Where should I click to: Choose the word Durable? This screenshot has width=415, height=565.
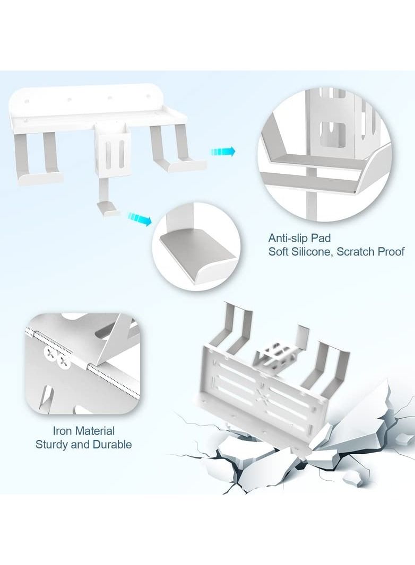[x=112, y=444]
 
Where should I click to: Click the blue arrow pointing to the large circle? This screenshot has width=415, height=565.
[x=222, y=152]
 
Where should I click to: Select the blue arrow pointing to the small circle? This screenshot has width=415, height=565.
[x=139, y=219]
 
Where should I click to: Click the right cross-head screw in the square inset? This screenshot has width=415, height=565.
[x=65, y=363]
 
